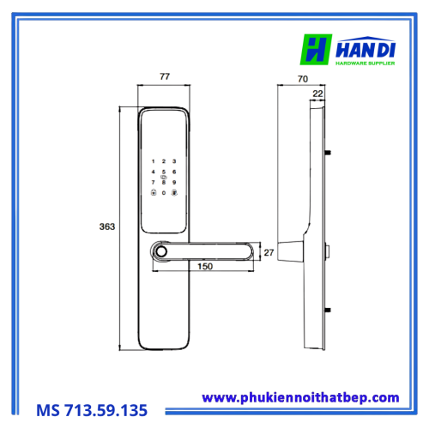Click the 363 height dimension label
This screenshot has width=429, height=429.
pyautogui.click(x=107, y=227)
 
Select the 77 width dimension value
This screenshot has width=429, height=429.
pyautogui.click(x=165, y=76)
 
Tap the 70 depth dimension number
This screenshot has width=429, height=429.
pyautogui.click(x=303, y=79)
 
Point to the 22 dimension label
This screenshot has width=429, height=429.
pyautogui.click(x=317, y=94)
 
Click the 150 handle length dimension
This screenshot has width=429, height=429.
pyautogui.click(x=205, y=266)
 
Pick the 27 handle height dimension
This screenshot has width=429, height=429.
pyautogui.click(x=269, y=252)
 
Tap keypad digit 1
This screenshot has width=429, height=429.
pyautogui.click(x=154, y=161)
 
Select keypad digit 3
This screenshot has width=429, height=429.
pyautogui.click(x=174, y=161)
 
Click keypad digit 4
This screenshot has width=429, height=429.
pyautogui.click(x=154, y=172)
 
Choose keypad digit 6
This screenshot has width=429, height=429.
pyautogui.click(x=174, y=172)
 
